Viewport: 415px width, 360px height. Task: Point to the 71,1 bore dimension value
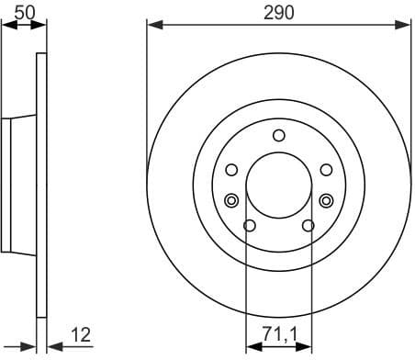[278, 336]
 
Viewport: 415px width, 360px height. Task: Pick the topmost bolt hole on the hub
[278, 136]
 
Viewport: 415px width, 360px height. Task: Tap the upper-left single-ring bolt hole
[231, 169]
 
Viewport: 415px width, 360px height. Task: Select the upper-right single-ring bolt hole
[325, 169]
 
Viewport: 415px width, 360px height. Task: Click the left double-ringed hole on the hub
[231, 200]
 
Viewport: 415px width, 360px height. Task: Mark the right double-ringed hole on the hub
[325, 200]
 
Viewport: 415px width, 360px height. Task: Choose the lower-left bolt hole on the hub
[249, 225]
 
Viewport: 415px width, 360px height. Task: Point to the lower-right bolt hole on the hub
[308, 225]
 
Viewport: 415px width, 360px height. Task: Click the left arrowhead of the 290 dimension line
[153, 26]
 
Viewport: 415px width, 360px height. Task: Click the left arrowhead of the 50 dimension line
[7, 26]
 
